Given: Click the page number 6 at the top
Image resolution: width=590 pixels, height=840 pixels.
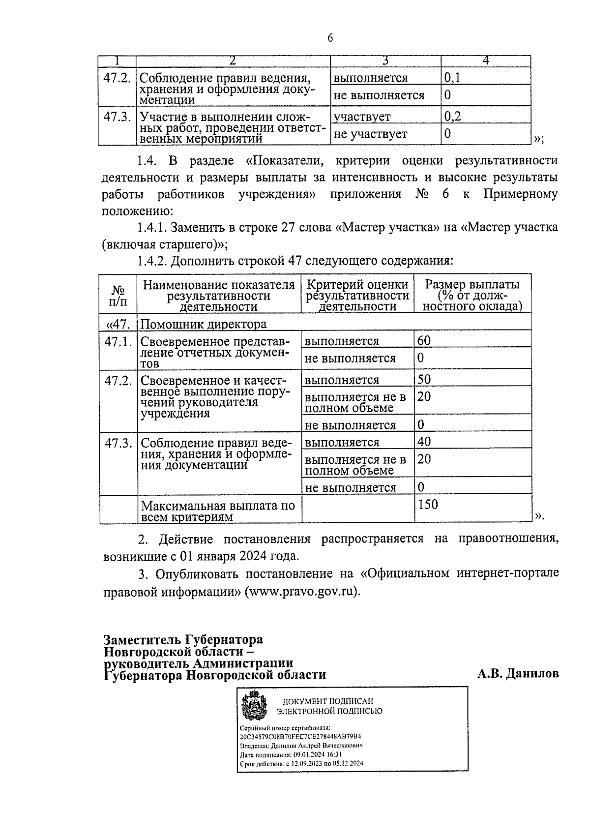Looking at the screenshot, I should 330,38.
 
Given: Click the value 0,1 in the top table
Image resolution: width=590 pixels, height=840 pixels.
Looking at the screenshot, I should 452,78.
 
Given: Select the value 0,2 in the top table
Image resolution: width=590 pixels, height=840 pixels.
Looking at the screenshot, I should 452,117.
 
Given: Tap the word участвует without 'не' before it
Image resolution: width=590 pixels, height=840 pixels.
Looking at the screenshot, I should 362,117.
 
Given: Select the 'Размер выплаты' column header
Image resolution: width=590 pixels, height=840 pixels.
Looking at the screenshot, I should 472,295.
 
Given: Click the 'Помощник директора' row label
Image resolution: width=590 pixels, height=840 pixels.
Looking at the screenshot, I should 204,324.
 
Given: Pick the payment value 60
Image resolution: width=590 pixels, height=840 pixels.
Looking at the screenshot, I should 424,340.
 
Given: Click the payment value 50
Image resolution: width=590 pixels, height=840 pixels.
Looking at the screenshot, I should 424,379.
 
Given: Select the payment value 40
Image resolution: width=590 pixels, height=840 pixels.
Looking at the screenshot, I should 424,442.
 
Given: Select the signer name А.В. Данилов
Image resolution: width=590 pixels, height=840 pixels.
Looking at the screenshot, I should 518,674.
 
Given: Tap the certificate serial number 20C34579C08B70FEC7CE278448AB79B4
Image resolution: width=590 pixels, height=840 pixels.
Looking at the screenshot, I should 300,737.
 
